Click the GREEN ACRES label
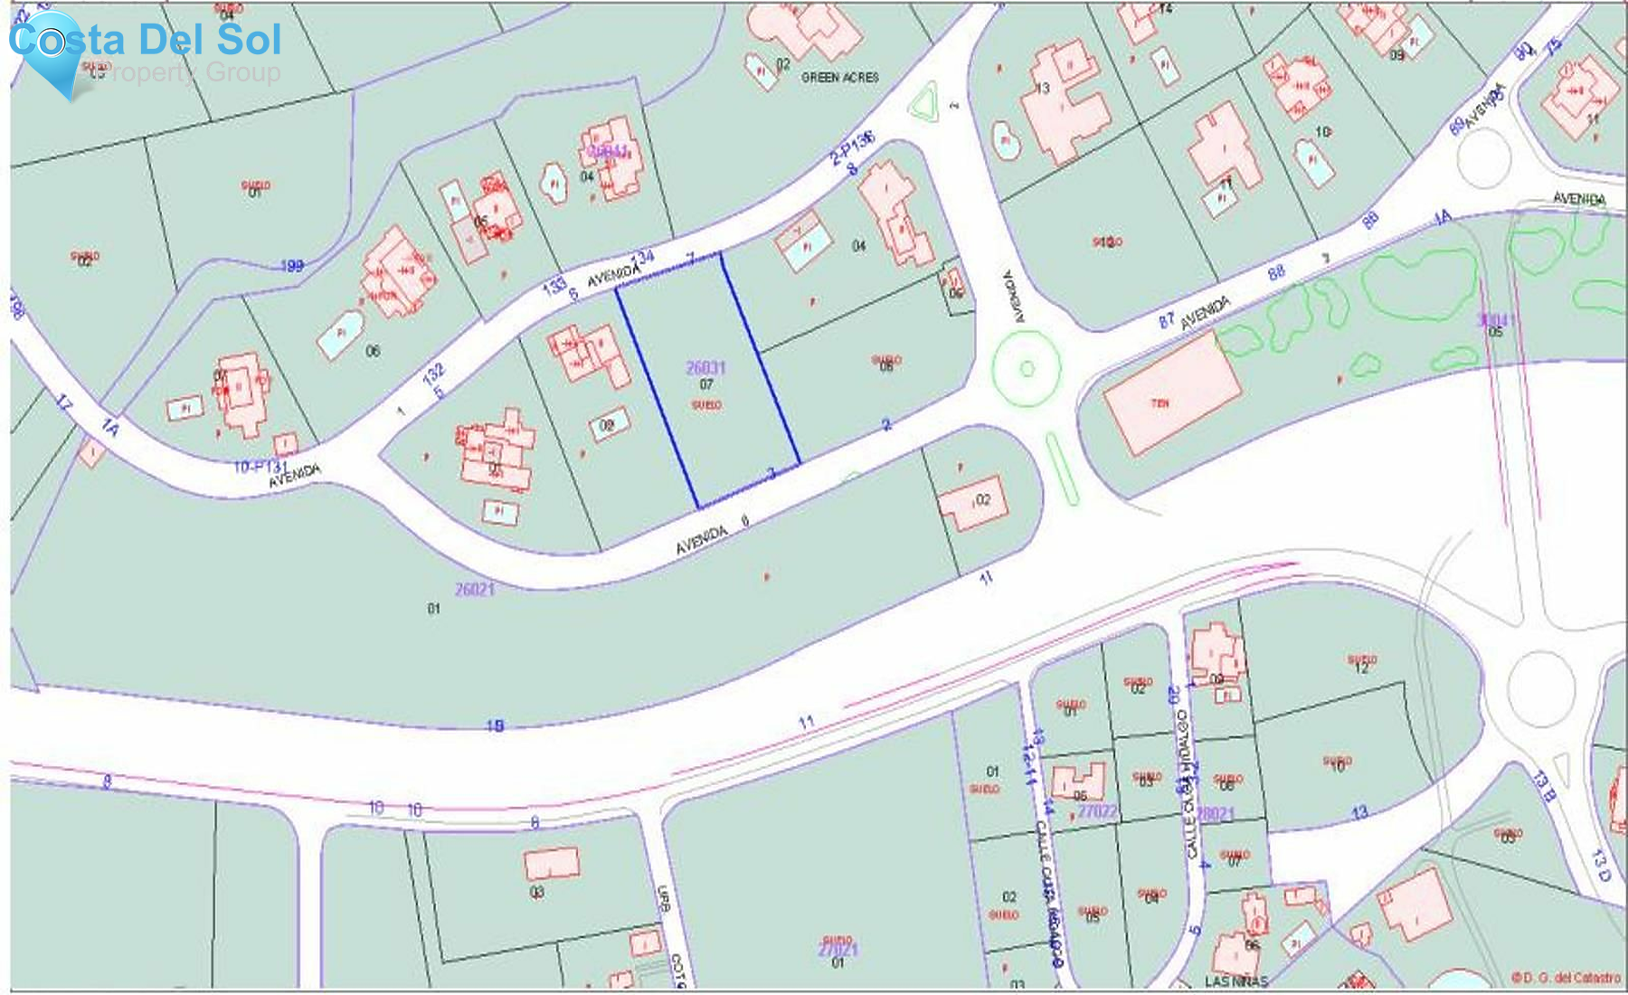coord(839,78)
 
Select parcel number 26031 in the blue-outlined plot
coord(705,367)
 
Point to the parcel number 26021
coord(475,590)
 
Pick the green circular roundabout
coord(1027,368)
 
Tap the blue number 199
coord(291,266)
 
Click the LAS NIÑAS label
coord(1235,981)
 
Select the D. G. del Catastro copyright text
coord(1566,978)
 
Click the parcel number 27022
coord(1096,811)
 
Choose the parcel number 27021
coord(838,950)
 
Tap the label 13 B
coord(1544,787)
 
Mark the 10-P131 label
coord(260,467)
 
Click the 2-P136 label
coord(852,147)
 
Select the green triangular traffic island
coord(924,103)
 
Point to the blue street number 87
coord(1167,320)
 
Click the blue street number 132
coord(433,374)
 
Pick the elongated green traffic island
coord(1062,468)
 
